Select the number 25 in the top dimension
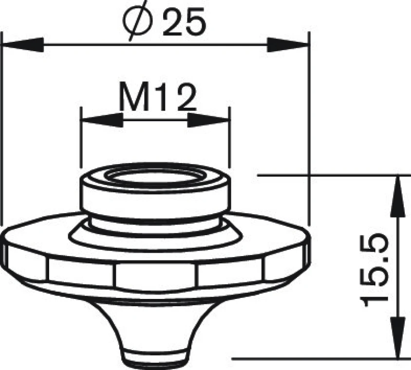[182, 23]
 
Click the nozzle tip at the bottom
[155, 358]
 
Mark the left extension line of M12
[81, 141]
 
